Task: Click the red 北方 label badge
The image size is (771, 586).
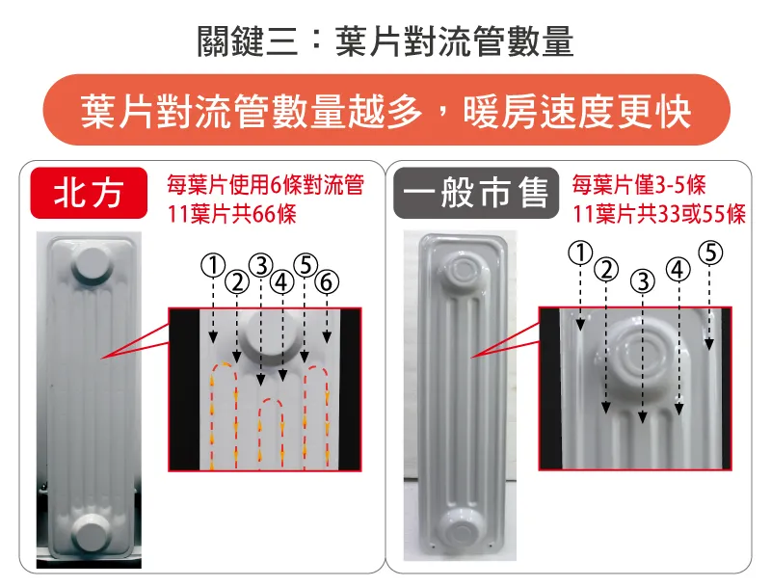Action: click(89, 193)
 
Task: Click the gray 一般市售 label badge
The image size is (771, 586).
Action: click(476, 193)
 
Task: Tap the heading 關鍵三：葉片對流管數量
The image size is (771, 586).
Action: click(385, 41)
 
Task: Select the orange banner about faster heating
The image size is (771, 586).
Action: click(386, 110)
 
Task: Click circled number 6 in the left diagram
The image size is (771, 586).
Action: click(327, 282)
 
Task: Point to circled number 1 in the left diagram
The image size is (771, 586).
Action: click(213, 266)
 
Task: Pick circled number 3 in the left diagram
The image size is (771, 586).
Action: click(260, 266)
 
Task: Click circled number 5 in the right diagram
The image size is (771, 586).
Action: click(710, 253)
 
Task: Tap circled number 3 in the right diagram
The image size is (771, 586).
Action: click(642, 281)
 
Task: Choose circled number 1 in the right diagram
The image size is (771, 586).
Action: click(581, 253)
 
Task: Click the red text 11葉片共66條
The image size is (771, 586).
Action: click(231, 214)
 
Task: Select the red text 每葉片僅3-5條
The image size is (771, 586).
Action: click(639, 185)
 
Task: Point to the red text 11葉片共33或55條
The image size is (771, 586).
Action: click(659, 214)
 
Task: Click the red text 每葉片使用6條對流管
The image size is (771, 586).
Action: click(266, 185)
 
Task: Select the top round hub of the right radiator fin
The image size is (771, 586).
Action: click(462, 270)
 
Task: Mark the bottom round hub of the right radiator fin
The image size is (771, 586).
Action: click(461, 528)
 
